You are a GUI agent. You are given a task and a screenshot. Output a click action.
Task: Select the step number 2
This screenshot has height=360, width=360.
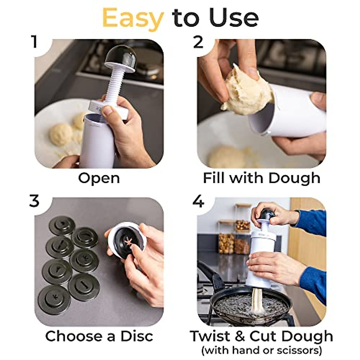coord(198,42)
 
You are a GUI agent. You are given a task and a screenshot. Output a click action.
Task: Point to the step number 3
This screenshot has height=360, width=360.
coord(34,201)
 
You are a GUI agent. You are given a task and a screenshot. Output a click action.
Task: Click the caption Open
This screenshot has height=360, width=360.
coord(99,178)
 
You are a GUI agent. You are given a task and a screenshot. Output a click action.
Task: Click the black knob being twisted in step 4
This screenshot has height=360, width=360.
coord(266,215)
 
